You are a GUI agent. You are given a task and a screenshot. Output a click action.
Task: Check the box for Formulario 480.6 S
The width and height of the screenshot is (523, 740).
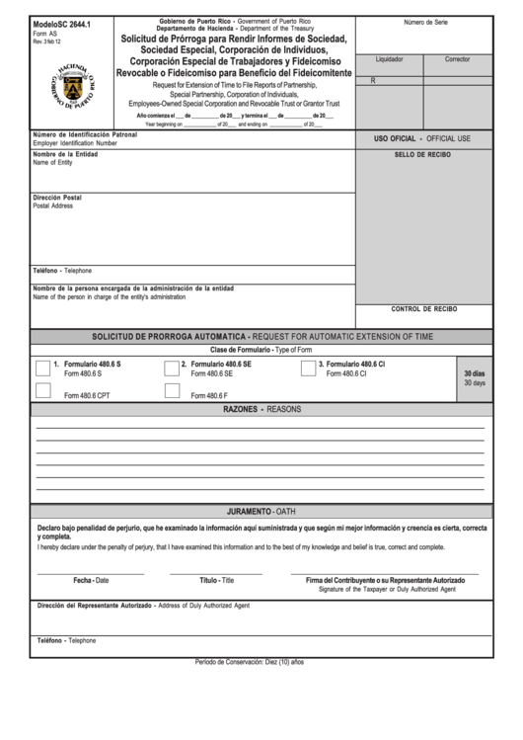point(43,369)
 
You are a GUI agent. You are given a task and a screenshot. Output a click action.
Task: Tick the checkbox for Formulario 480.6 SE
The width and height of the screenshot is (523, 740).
point(172,369)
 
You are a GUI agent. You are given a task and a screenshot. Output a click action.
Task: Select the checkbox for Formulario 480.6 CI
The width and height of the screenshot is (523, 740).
point(308,369)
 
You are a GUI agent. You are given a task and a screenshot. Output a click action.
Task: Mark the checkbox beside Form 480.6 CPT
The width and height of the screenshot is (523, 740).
point(43,391)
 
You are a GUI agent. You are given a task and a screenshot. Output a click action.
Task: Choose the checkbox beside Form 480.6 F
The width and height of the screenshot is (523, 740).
point(172,391)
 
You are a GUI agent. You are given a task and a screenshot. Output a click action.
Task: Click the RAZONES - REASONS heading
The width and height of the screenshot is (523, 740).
point(261,409)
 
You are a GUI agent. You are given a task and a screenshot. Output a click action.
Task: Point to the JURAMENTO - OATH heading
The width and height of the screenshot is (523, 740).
point(261,512)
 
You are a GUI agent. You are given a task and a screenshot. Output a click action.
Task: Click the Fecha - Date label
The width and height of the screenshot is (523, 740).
point(91,580)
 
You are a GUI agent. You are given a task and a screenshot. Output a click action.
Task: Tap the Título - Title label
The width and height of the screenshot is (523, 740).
point(216,580)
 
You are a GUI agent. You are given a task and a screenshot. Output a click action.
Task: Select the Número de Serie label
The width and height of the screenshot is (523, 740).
point(425,22)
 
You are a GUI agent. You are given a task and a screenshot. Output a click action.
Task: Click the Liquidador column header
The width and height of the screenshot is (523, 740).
point(390,59)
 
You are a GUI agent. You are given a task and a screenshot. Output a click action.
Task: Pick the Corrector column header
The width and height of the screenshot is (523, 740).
point(458,59)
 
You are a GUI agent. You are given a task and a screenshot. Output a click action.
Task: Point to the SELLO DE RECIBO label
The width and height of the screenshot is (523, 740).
point(422,155)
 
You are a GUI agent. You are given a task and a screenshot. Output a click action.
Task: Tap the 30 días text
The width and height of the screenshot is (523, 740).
point(474,373)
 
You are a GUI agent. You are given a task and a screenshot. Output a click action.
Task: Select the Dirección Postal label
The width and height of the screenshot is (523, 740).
point(57,198)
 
